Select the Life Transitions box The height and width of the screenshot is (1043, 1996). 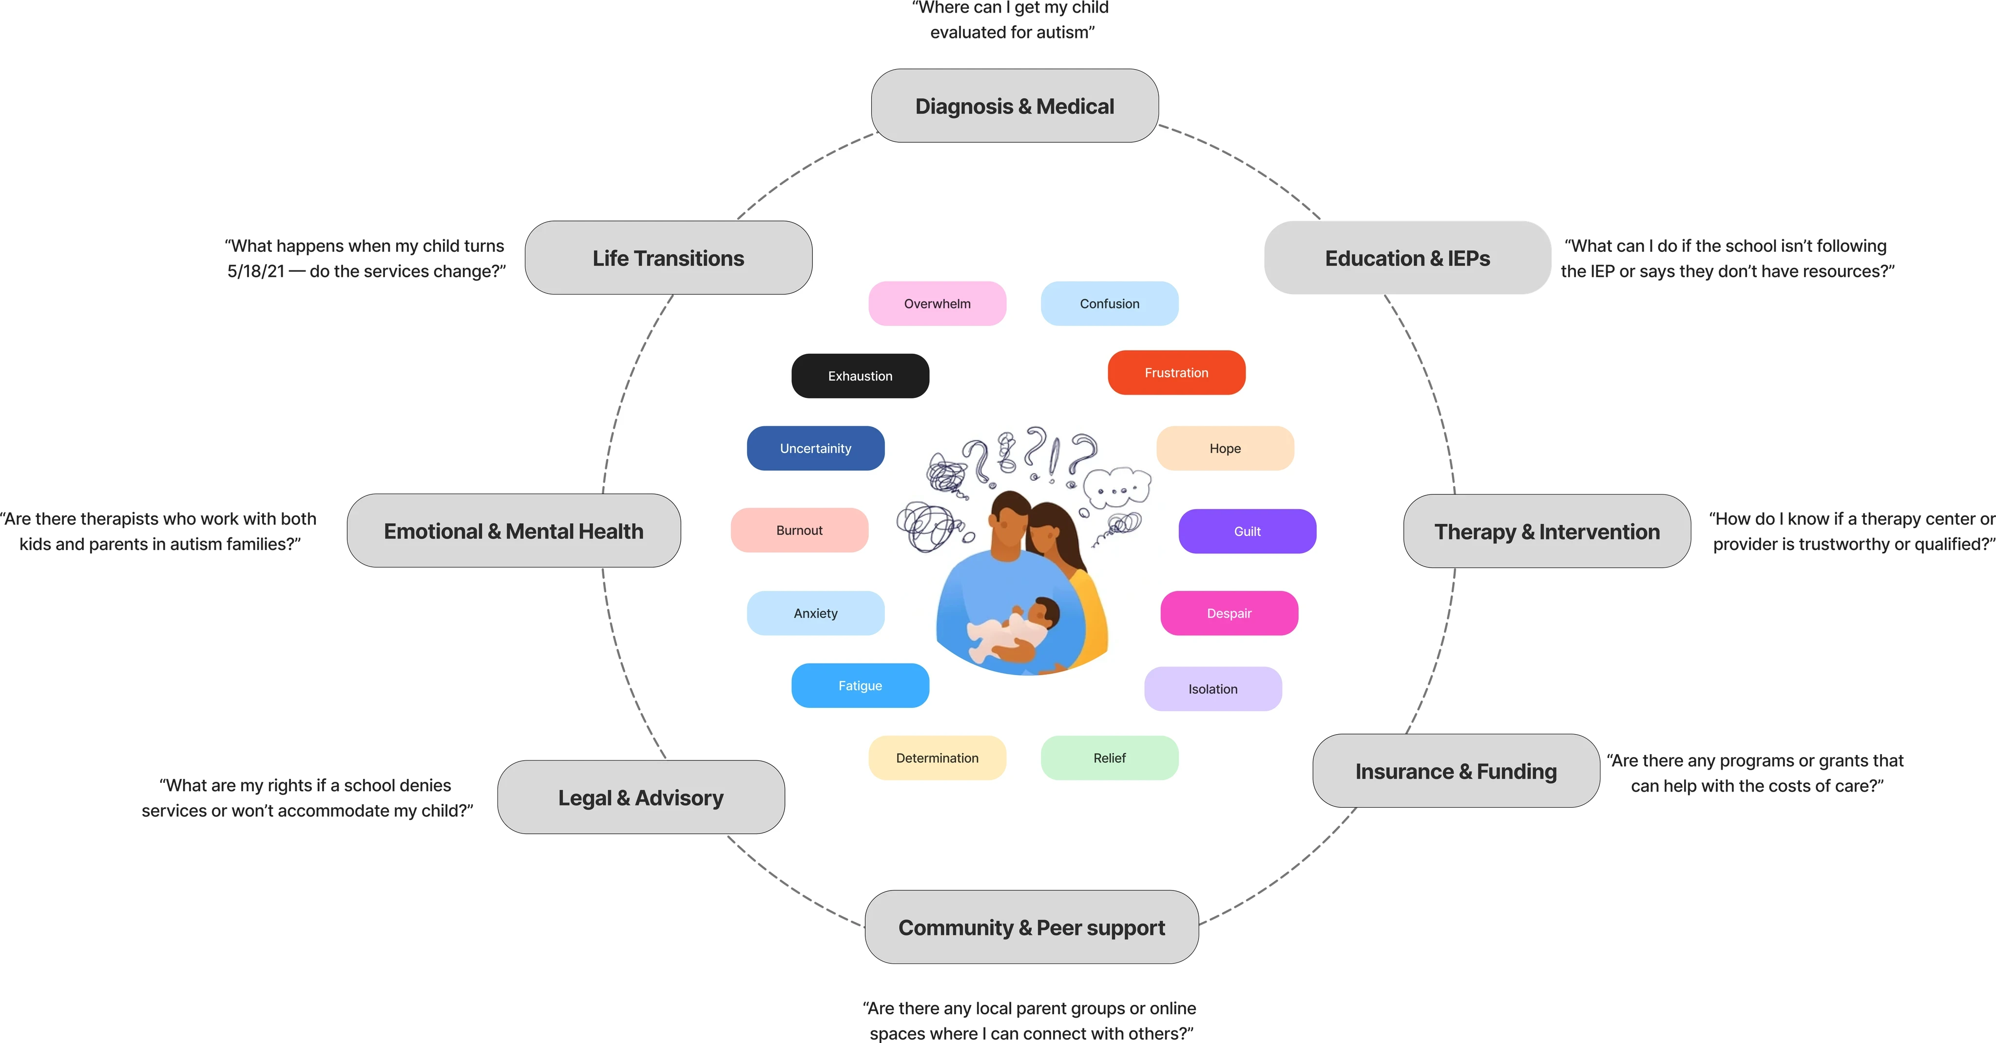(668, 258)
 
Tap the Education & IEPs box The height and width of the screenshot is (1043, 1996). (1407, 258)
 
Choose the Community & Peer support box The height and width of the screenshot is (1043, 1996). (1031, 928)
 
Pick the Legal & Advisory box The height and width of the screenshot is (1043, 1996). (641, 797)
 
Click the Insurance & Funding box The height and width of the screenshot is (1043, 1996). (1456, 771)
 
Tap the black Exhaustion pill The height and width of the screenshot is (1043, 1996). (860, 376)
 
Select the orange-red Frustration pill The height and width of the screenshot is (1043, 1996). (1176, 373)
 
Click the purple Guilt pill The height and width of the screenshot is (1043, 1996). (1247, 531)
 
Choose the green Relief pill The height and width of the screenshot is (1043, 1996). (1110, 758)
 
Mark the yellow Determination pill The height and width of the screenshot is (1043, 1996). (937, 758)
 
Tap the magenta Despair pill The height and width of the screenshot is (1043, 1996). (1229, 613)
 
